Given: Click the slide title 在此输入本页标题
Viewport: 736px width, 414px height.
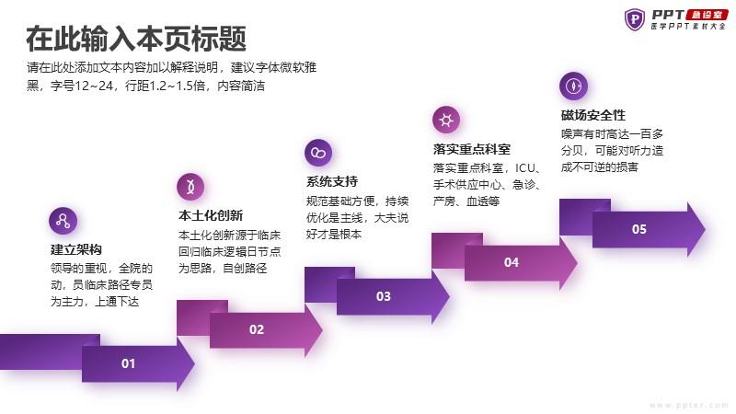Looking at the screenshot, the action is click(x=136, y=39).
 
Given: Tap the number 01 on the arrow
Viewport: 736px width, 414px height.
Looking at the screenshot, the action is click(x=128, y=363).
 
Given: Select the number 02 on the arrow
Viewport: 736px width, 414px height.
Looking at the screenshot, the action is click(x=257, y=329).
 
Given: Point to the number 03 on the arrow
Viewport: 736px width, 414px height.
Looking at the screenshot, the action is click(x=384, y=296).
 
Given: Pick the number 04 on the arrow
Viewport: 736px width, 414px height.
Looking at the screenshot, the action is click(x=512, y=262).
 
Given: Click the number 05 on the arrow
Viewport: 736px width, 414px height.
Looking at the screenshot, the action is click(x=638, y=229).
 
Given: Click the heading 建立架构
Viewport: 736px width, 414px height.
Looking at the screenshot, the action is click(x=76, y=249).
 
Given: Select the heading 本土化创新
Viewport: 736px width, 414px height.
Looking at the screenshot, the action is click(x=211, y=215).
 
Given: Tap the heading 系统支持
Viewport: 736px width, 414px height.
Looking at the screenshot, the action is click(x=332, y=181).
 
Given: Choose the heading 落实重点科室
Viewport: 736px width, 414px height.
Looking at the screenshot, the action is click(x=472, y=149).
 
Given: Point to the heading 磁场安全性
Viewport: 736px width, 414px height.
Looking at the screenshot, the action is click(x=593, y=115).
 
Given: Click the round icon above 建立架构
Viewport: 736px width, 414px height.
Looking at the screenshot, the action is click(x=63, y=221).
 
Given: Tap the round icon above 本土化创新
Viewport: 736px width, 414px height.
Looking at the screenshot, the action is click(x=190, y=187).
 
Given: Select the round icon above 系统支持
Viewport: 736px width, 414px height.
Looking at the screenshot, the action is click(x=318, y=153).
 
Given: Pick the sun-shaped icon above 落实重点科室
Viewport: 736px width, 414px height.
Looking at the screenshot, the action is click(x=446, y=120).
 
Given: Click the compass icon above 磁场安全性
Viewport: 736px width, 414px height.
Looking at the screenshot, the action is click(x=573, y=86).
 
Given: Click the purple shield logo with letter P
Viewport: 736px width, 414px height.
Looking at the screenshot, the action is click(x=635, y=19).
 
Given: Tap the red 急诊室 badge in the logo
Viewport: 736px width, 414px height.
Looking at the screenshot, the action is click(x=707, y=15).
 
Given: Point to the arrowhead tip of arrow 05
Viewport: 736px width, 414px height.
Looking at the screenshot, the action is click(x=705, y=229).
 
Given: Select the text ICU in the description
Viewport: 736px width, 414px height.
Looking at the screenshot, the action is click(x=524, y=168).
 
